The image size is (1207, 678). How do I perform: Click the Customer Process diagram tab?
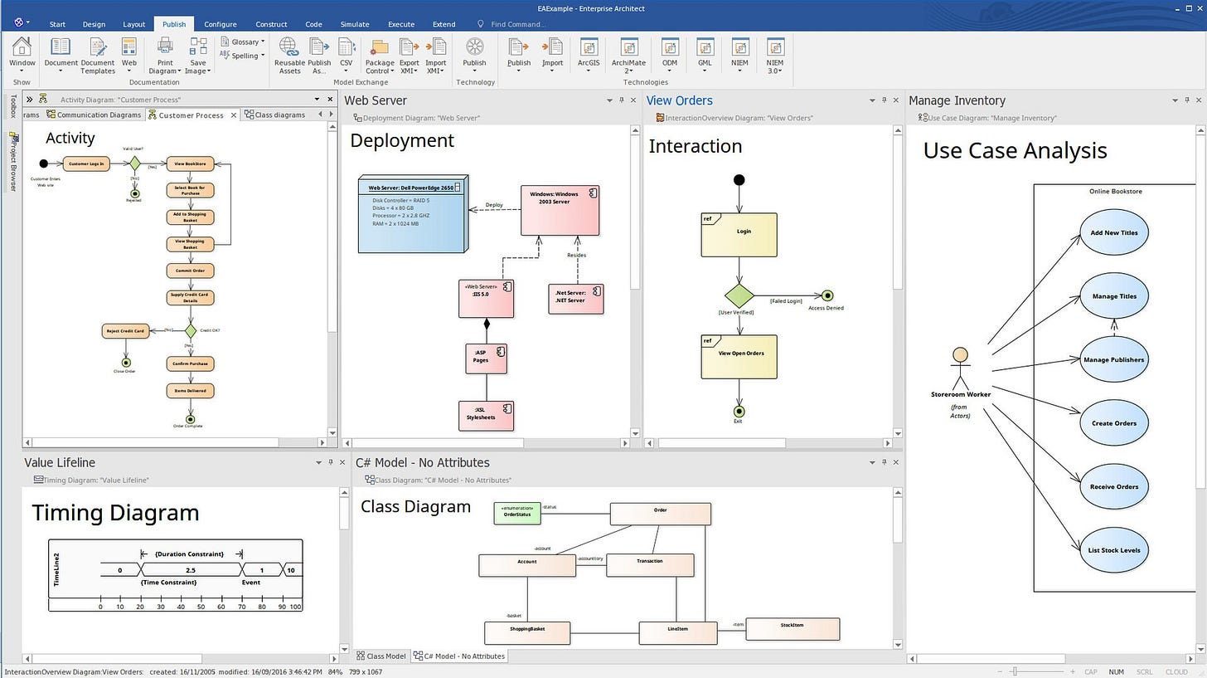[190, 115]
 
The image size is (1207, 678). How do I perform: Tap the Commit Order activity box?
[191, 271]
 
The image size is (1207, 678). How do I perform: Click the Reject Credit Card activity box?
[126, 331]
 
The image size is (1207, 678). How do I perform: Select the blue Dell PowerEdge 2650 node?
[412, 213]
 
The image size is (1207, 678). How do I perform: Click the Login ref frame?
[739, 235]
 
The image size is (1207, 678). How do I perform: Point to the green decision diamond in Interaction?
[739, 296]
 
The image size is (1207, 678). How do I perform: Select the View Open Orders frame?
[739, 357]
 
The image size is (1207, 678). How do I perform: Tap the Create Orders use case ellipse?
[1113, 423]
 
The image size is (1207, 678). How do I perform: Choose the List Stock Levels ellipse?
[1113, 549]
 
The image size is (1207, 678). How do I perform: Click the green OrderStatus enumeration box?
[517, 514]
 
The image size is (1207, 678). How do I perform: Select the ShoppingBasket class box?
[527, 632]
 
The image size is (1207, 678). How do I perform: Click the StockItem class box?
[793, 628]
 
